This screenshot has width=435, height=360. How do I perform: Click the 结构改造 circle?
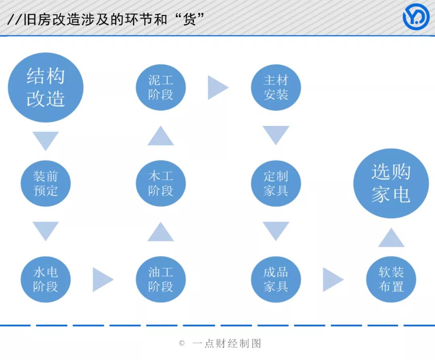pos(46,87)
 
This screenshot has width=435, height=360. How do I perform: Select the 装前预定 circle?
pos(46,183)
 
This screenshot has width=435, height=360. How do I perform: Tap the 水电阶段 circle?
pos(46,279)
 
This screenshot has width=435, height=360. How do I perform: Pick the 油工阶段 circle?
pos(161,279)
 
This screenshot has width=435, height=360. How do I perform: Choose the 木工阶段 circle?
pos(161,183)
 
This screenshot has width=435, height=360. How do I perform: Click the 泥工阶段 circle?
pos(161,87)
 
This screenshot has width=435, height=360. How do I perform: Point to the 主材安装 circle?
pos(276,87)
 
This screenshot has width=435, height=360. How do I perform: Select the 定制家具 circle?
pos(276,183)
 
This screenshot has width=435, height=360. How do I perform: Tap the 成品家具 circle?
pos(276,279)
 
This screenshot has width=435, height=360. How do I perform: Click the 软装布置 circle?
pos(391,279)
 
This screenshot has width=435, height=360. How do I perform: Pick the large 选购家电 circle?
pos(391,183)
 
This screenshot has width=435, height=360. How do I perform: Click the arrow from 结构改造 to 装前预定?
pos(46,140)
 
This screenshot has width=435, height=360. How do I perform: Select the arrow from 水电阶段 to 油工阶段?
pos(102,279)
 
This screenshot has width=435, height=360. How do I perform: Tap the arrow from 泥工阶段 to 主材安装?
pos(217,87)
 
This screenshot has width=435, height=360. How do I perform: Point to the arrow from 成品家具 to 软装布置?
pos(332,279)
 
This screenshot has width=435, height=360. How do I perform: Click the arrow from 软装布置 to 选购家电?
pos(391,238)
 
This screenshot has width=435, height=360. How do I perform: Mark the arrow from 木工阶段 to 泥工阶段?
pos(161,136)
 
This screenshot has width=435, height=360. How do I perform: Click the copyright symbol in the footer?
pos(182,343)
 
